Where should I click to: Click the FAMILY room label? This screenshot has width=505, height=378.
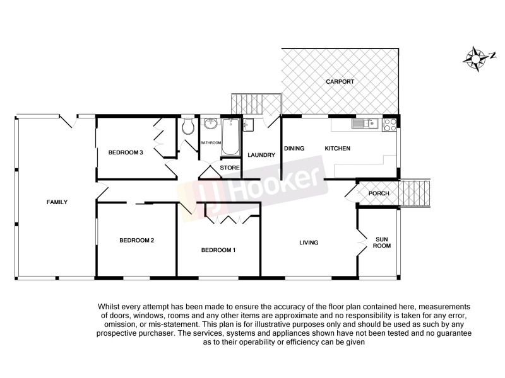tap(57, 202)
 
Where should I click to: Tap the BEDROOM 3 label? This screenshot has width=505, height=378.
tap(126, 152)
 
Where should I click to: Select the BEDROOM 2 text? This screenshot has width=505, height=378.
tap(137, 240)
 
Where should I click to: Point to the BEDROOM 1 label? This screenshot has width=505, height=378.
tap(218, 250)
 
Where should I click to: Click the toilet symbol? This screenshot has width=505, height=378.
tap(187, 129)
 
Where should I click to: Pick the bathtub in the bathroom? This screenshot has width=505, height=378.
tap(230, 138)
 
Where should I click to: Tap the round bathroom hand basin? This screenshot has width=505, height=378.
tap(210, 124)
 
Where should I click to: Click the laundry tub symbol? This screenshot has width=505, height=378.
tap(248, 125)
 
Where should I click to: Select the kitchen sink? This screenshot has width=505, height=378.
tap(365, 123)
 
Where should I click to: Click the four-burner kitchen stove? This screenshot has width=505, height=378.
tap(390, 123)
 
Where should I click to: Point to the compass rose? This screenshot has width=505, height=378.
tap(475, 58)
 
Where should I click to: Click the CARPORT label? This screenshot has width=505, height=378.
tap(340, 82)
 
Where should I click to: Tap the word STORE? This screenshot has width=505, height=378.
tap(230, 168)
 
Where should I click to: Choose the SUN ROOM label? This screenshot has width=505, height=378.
tap(383, 243)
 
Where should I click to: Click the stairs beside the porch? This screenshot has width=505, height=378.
tap(416, 193)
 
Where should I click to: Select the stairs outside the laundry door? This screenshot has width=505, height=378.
tap(256, 104)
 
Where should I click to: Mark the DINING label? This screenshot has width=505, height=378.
tap(294, 149)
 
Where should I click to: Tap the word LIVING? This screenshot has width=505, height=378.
tap(309, 243)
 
